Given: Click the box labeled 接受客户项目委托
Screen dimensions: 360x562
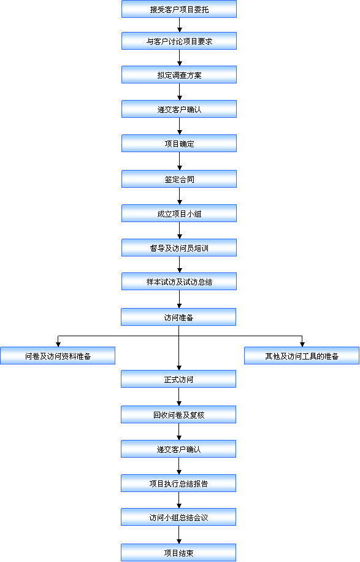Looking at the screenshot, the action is pyautogui.click(x=179, y=9).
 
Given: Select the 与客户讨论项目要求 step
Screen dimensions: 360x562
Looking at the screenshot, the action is pyautogui.click(x=179, y=41).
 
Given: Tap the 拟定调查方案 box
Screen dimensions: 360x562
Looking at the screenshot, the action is pyautogui.click(x=179, y=75).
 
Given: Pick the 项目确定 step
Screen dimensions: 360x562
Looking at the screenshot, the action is pyautogui.click(x=179, y=144).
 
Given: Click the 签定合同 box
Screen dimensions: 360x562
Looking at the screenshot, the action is pyautogui.click(x=179, y=179).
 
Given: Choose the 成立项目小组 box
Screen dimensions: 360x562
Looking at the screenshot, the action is pyautogui.click(x=179, y=214).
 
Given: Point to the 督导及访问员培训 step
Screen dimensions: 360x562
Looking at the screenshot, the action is pyautogui.click(x=179, y=248).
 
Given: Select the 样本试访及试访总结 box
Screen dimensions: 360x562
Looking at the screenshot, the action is pyautogui.click(x=179, y=282).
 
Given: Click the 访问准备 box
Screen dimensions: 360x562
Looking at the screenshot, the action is pyautogui.click(x=178, y=317).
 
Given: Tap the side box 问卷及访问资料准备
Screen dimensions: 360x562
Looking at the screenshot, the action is pyautogui.click(x=58, y=356).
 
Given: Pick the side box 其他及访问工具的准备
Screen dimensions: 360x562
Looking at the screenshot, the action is pyautogui.click(x=302, y=356).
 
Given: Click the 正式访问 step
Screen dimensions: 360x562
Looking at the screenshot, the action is pyautogui.click(x=178, y=379).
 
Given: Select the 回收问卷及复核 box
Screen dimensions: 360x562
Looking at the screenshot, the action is pyautogui.click(x=178, y=414).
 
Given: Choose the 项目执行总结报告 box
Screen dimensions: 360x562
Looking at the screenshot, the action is pyautogui.click(x=178, y=483).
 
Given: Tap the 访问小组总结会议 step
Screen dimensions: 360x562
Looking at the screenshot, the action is pyautogui.click(x=178, y=517).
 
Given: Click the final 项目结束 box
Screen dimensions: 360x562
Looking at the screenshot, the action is pyautogui.click(x=178, y=552).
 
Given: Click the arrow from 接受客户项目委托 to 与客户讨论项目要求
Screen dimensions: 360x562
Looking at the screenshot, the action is pyautogui.click(x=180, y=25).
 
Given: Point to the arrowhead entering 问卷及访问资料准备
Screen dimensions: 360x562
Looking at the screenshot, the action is pyautogui.click(x=58, y=344).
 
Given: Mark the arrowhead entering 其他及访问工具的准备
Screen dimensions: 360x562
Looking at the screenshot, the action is pyautogui.click(x=302, y=344).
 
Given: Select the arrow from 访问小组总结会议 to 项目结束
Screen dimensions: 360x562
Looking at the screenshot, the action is pyautogui.click(x=178, y=534).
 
